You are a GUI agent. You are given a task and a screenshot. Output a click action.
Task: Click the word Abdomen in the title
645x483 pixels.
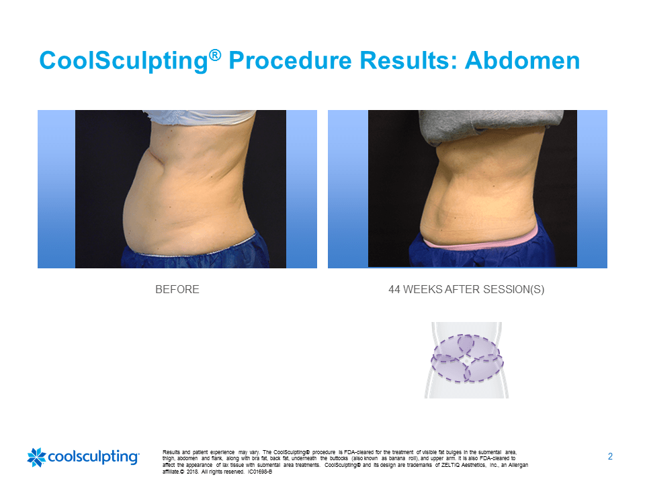tap(523, 60)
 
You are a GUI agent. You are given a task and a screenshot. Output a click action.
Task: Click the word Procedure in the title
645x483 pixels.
tap(290, 60)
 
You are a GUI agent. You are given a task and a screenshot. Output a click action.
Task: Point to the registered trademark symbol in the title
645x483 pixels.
tap(215, 54)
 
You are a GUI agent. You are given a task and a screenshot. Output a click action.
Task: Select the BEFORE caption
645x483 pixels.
tap(177, 290)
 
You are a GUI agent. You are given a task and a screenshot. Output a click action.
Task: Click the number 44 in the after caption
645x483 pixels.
tap(394, 290)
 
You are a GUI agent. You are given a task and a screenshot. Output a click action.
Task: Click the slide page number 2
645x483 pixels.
tap(610, 456)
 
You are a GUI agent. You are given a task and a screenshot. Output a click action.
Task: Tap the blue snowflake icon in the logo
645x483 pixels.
tap(36, 457)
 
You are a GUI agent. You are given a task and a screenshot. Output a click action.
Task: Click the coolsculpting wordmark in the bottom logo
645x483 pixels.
tap(94, 457)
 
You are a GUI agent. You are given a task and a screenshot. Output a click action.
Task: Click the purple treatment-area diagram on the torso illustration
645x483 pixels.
tap(467, 358)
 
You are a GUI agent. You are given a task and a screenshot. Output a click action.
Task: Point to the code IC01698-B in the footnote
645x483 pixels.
tap(260, 472)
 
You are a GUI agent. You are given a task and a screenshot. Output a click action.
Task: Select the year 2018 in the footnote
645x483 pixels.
tap(193, 472)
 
